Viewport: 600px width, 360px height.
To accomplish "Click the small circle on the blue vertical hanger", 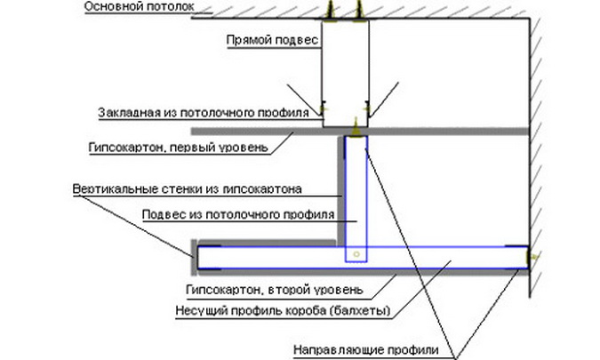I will (x=355, y=254).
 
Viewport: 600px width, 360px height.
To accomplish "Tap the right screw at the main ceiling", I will (x=359, y=12).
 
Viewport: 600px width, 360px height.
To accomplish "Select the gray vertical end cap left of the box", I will (x=193, y=257).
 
